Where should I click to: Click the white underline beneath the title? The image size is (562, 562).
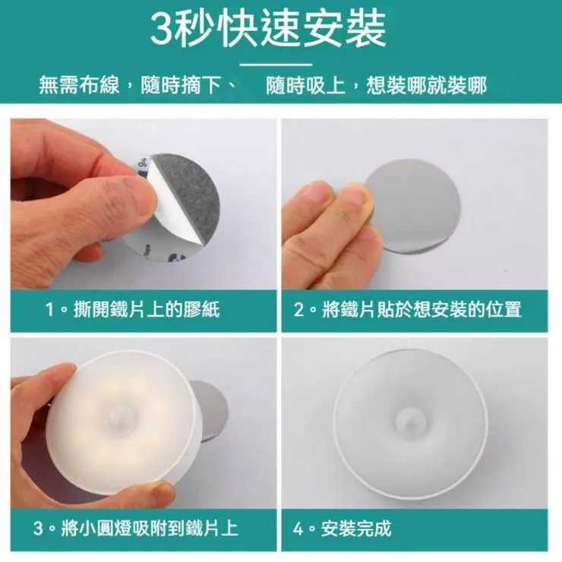point(276,65)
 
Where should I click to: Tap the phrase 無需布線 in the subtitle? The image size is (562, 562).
point(79,86)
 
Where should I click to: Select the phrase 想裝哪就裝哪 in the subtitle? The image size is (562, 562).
point(427,86)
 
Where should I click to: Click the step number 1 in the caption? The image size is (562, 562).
point(51,309)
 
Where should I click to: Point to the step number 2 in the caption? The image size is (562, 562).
point(298,309)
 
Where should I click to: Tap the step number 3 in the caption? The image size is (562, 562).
point(38,528)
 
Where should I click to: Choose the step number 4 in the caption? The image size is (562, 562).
point(298,528)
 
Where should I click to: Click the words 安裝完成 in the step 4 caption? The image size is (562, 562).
point(355,528)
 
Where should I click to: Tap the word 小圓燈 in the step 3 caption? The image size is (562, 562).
point(105,528)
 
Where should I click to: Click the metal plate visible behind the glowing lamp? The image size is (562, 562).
point(211,409)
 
